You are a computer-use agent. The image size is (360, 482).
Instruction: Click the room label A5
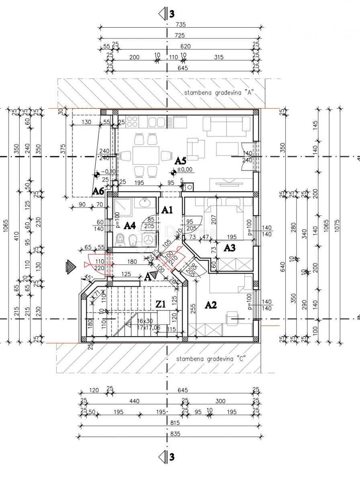click(x=180, y=161)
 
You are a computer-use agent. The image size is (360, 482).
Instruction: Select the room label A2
click(x=211, y=305)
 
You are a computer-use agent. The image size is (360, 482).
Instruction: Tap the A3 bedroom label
click(x=229, y=248)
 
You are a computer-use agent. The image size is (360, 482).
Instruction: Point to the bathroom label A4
click(x=129, y=226)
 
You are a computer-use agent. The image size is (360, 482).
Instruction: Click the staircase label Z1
click(x=161, y=305)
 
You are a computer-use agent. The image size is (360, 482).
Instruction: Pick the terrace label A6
click(x=98, y=191)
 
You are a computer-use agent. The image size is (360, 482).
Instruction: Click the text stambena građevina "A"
click(x=218, y=92)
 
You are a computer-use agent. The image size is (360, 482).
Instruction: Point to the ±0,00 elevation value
click(x=186, y=170)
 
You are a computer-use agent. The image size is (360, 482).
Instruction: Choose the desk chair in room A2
click(x=232, y=318)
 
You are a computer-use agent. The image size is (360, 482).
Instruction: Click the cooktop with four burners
click(x=133, y=121)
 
